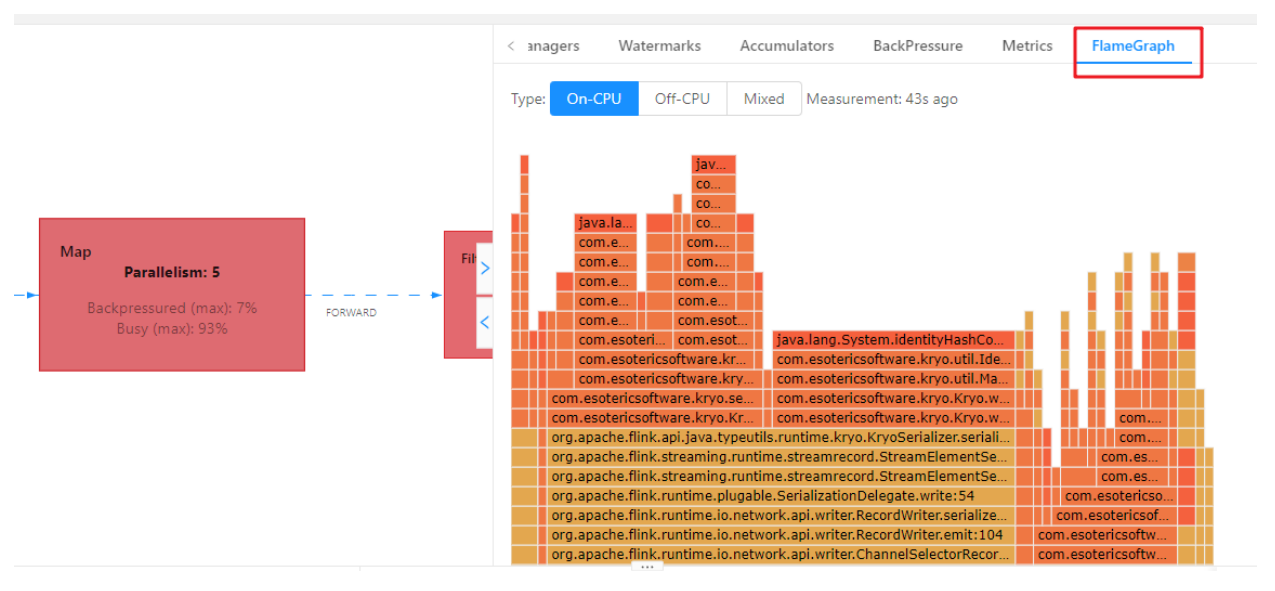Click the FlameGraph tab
pos(1133,46)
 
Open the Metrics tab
pos(1027,46)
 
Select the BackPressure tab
pos(917,46)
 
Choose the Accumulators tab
pos(786,46)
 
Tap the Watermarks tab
pos(659,46)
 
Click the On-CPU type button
pos(594,99)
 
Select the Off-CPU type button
pos(682,99)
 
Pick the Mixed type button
pos(764,99)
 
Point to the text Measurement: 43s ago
pos(882,99)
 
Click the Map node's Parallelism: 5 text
pos(172,272)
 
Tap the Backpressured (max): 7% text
pos(172,308)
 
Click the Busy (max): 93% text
pos(172,328)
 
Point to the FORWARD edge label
pos(351,313)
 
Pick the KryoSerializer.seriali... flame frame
pos(780,438)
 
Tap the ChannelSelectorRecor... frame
pos(780,555)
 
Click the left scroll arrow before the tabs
pos(511,46)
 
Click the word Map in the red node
pos(75,252)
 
